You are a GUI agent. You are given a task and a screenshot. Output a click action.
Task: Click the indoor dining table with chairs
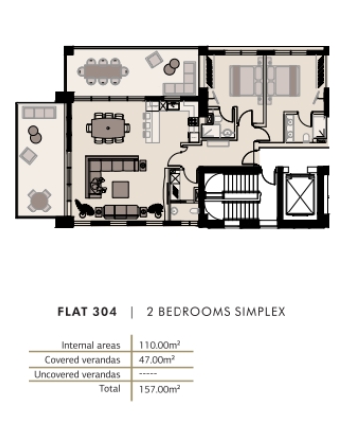(107, 127)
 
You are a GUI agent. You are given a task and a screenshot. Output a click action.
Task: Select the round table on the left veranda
(40, 199)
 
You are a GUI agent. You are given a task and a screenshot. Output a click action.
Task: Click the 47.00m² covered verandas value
(156, 359)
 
